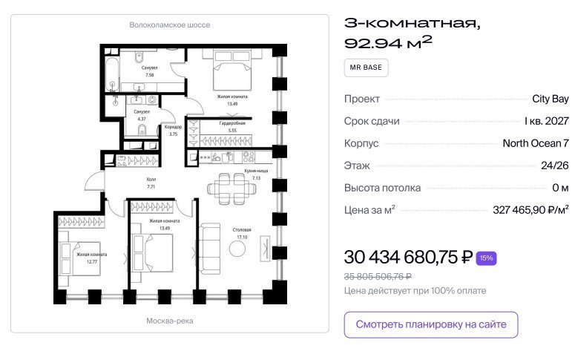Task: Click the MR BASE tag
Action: pyautogui.click(x=366, y=68)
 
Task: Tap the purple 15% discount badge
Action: pyautogui.click(x=486, y=258)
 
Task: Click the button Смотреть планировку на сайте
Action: pyautogui.click(x=431, y=324)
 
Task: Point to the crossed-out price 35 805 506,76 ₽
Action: pyautogui.click(x=378, y=276)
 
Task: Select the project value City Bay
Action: pyautogui.click(x=551, y=99)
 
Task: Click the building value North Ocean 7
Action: pyautogui.click(x=536, y=143)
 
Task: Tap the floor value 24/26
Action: pyautogui.click(x=555, y=166)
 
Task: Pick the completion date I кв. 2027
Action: pyautogui.click(x=547, y=121)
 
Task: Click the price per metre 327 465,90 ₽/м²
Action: pyautogui.click(x=530, y=210)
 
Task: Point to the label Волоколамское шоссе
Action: pyautogui.click(x=170, y=25)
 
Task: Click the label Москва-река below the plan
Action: pyautogui.click(x=170, y=321)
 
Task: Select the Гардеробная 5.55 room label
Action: pyautogui.click(x=232, y=127)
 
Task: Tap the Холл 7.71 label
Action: pyautogui.click(x=151, y=183)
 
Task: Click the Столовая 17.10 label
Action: pyautogui.click(x=242, y=233)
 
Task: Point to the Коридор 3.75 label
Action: pyautogui.click(x=173, y=131)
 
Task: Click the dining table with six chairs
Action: pyautogui.click(x=231, y=189)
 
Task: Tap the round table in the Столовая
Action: pyautogui.click(x=237, y=249)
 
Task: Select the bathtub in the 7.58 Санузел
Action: pyautogui.click(x=112, y=73)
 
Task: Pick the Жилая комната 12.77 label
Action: pyautogui.click(x=92, y=258)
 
